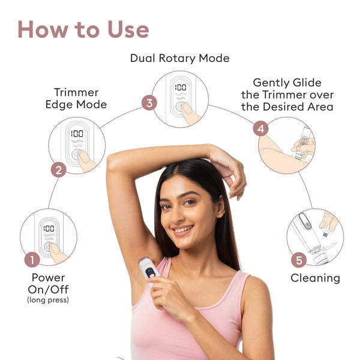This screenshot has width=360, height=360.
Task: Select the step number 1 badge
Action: click(32, 260)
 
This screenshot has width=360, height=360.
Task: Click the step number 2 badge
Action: click(58, 170)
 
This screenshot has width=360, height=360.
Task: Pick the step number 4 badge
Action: click(260, 128)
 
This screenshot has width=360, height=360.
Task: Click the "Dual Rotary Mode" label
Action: click(179, 58)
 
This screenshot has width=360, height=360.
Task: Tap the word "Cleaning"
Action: click(315, 278)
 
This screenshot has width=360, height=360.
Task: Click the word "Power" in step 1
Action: click(48, 278)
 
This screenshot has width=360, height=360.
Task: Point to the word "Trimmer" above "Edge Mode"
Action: click(76, 92)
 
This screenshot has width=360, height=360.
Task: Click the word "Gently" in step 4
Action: click(270, 83)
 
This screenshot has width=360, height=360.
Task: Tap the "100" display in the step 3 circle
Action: click(181, 88)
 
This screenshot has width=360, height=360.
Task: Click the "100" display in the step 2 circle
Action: click(76, 134)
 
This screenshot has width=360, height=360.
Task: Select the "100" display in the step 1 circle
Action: click(49, 229)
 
